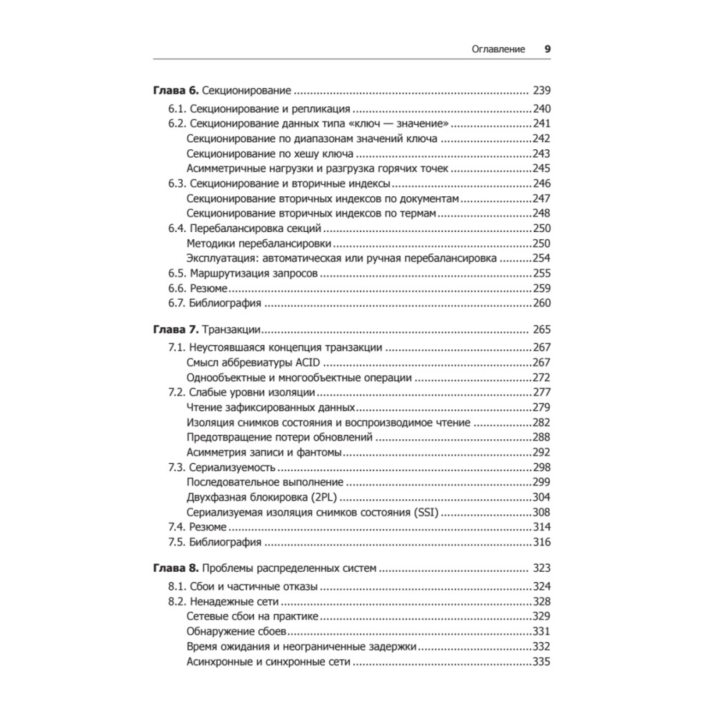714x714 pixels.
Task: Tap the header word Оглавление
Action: pos(498,50)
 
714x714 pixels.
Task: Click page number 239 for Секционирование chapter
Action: pos(543,91)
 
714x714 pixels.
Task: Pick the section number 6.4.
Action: pos(177,228)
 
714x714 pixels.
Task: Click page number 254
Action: pos(543,258)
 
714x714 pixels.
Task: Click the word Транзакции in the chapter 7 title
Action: pos(231,330)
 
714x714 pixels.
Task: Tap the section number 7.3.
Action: pos(177,468)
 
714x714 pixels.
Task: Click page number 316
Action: pos(543,543)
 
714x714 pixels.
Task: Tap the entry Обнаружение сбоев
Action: pos(236,631)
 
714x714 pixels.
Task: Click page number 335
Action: pos(543,662)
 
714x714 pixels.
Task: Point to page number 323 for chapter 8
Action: pos(543,569)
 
